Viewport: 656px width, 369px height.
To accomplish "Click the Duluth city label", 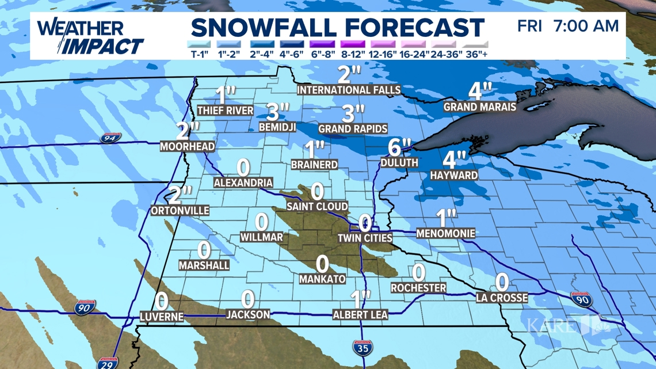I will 399,163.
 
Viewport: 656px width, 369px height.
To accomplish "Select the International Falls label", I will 349,90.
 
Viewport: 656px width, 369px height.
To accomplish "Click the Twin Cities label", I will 364,238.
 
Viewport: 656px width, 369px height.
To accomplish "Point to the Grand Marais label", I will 479,107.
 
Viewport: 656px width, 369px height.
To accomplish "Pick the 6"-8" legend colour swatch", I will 322,44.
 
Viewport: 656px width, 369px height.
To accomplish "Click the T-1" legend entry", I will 200,49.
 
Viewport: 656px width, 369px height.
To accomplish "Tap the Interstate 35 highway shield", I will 362,347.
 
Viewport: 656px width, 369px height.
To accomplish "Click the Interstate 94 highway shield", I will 109,138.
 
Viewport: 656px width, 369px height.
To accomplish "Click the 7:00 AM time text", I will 586,26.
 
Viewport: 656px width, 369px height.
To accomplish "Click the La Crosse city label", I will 502,298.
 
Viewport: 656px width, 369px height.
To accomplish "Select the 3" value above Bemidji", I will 277,110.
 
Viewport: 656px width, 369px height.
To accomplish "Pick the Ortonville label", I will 180,211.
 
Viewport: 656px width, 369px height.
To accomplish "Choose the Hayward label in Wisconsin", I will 453,175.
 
